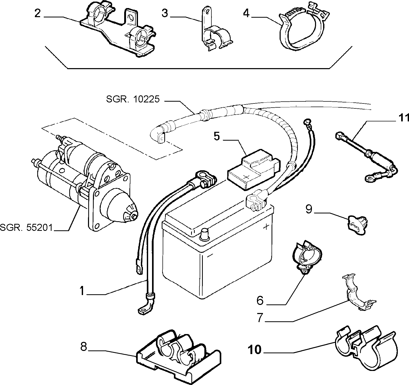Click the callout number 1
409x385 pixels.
tap(82, 291)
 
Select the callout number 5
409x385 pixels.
tap(217, 136)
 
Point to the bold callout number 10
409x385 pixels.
tap(255, 350)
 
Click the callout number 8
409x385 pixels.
tap(84, 347)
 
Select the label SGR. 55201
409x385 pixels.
tap(27, 228)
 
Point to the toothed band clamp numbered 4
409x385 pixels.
tap(303, 26)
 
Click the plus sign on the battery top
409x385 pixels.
tap(266, 227)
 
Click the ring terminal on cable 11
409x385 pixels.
tap(370, 178)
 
